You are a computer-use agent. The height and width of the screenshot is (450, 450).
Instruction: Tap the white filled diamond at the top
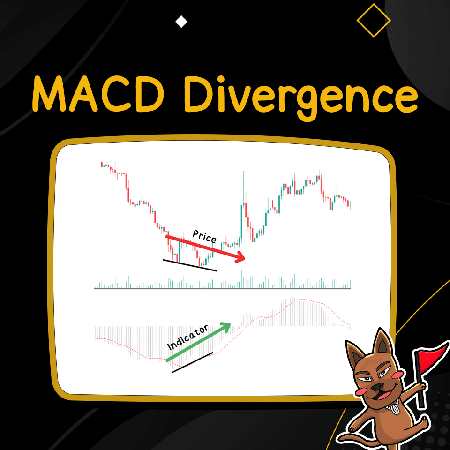180,22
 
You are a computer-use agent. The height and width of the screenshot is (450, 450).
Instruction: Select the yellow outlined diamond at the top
374,20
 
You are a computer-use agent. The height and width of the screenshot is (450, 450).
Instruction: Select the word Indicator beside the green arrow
188,338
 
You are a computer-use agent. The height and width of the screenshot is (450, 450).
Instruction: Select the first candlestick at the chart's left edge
102,164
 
